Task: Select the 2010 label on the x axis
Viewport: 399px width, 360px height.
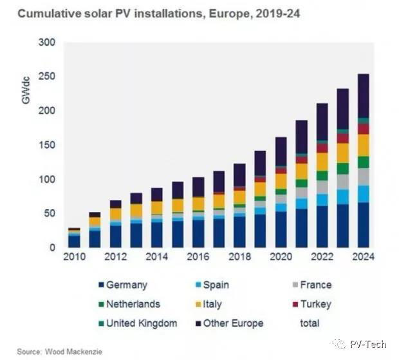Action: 74,256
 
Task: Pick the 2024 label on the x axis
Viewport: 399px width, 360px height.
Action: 362,256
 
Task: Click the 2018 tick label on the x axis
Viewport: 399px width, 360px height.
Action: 239,256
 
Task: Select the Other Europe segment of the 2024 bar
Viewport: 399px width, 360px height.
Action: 363,96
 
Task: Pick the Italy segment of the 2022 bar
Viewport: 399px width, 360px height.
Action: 322,162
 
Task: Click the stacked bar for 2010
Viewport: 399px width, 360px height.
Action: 75,238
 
